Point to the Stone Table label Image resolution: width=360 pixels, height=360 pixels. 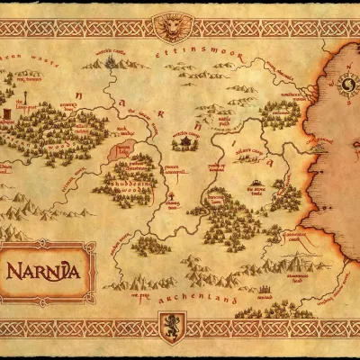click(258, 191)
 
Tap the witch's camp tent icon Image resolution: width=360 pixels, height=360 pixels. click(187, 141)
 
